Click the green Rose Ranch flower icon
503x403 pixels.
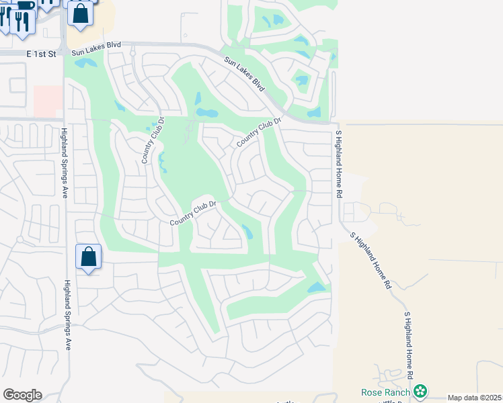pyautogui.click(x=420, y=391)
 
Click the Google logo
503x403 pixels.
pyautogui.click(x=22, y=395)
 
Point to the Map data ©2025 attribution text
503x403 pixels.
pyautogui.click(x=474, y=398)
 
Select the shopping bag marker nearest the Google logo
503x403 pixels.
pyautogui.click(x=89, y=257)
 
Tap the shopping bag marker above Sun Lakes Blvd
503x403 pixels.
pyautogui.click(x=81, y=13)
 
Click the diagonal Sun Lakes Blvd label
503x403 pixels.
pyautogui.click(x=245, y=74)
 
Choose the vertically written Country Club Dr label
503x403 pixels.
pyautogui.click(x=153, y=141)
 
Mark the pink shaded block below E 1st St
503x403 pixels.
pyautogui.click(x=47, y=101)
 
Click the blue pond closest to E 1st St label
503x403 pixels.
pyautogui.click(x=85, y=64)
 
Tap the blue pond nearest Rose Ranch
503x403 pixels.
pyautogui.click(x=315, y=288)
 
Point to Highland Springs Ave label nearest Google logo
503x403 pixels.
pyautogui.click(x=67, y=315)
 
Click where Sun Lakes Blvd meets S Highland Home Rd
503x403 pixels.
pyautogui.click(x=335, y=123)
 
